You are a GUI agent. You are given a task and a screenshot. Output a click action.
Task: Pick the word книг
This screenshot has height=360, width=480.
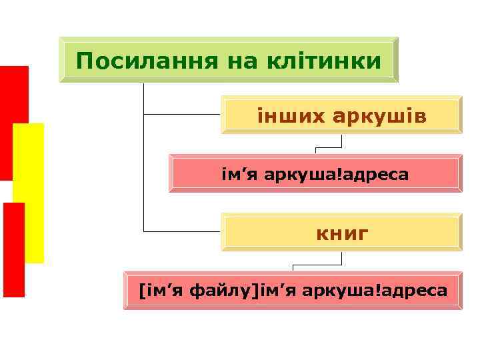click(342, 233)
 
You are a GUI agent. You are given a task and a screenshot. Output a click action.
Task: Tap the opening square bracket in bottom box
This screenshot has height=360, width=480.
click(141, 291)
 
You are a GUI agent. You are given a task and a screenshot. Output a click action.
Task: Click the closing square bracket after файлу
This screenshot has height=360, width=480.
click(252, 291)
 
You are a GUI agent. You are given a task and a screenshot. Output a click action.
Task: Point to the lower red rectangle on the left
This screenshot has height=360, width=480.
click(13, 250)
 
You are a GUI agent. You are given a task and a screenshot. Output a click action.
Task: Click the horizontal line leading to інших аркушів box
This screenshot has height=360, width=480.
click(182, 114)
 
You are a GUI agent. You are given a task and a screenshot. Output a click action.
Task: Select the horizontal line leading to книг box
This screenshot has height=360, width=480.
click(182, 231)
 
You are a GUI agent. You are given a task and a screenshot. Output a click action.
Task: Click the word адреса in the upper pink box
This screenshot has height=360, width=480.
click(384, 175)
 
